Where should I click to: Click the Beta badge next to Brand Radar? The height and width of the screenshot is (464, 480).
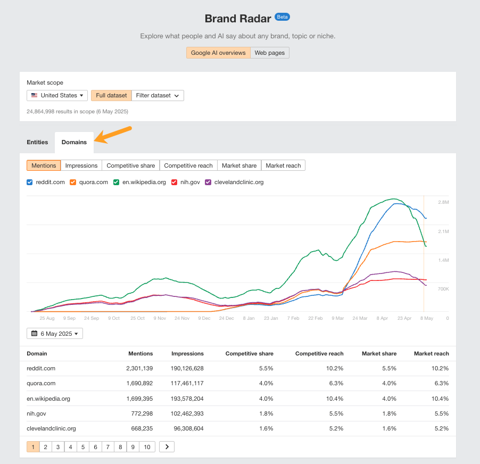282,17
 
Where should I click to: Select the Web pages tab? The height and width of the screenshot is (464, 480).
270,53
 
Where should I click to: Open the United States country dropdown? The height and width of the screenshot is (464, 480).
57,95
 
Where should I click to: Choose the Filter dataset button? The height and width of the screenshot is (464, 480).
158,95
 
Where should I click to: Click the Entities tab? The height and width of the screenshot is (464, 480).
37,142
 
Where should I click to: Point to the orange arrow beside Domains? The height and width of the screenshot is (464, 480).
113,134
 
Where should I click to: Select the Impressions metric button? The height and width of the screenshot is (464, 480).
81,165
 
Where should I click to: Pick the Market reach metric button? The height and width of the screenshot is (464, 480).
283,165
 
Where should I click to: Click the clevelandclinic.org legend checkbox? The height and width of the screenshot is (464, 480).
208,182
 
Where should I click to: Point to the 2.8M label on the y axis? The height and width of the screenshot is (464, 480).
443,203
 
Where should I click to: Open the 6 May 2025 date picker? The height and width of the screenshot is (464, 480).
55,334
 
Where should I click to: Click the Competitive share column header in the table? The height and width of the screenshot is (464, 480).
249,353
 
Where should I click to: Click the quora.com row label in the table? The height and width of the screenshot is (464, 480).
41,383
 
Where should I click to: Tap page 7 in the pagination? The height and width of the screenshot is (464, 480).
108,447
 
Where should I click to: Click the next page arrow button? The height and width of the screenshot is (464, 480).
167,447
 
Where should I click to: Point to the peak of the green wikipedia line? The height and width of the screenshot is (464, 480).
393,199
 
